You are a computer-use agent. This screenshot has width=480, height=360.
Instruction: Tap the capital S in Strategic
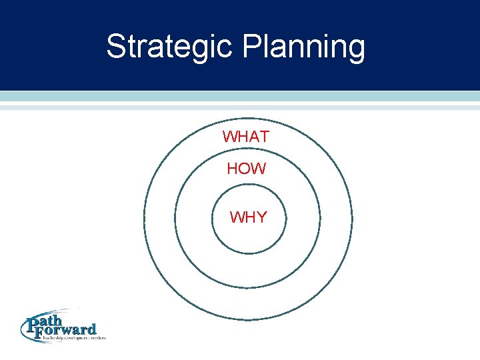point(116,47)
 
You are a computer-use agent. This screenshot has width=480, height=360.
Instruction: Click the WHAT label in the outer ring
point(246,137)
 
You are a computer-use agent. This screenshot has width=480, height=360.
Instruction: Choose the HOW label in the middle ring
point(246,169)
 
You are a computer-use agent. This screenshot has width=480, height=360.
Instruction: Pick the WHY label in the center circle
point(248,217)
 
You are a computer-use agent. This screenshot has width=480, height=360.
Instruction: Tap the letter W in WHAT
point(230,137)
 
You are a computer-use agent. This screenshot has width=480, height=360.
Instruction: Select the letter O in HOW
point(246,169)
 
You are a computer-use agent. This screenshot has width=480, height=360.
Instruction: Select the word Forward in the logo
point(71,330)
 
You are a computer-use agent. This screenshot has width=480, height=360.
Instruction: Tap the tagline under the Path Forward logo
point(73,339)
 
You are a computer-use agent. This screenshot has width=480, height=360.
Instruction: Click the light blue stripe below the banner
point(240,97)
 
